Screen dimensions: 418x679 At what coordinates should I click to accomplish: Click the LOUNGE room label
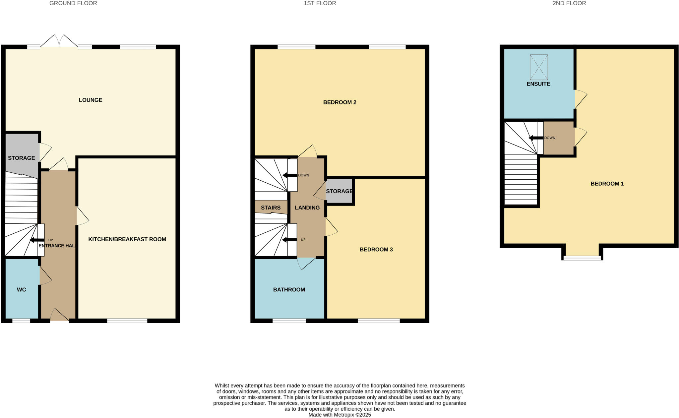(90, 100)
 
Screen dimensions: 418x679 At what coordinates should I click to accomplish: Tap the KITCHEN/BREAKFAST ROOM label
(127, 239)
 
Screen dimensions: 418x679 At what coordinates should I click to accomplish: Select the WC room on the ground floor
(22, 289)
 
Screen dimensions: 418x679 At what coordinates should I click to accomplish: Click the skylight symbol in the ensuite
(538, 67)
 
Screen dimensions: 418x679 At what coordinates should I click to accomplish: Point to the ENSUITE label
(538, 84)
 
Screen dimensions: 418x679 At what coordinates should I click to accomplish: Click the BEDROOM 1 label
(607, 183)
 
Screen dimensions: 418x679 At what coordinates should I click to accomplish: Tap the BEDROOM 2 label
(339, 102)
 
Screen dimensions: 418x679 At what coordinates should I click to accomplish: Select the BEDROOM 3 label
(376, 249)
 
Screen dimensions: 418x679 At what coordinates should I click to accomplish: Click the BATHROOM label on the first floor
(289, 289)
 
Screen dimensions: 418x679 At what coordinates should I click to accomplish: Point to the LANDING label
(307, 208)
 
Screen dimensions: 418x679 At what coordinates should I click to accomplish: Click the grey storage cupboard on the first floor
(339, 191)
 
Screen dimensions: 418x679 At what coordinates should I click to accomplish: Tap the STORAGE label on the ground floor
(21, 158)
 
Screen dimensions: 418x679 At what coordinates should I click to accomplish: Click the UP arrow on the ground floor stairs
(37, 240)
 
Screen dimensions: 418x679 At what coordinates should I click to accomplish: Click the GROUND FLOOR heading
(73, 3)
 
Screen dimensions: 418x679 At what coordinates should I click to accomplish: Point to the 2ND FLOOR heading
(569, 3)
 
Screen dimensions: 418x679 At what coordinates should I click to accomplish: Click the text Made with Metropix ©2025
(339, 415)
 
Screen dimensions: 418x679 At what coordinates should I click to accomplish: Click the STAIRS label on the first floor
(271, 208)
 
